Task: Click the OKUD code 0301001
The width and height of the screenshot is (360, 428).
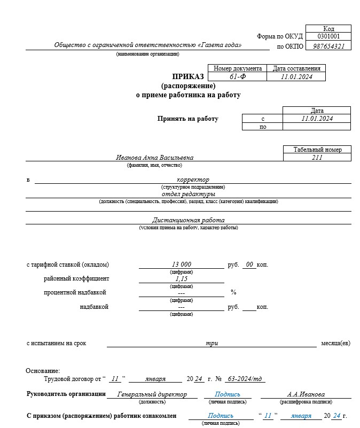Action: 328,36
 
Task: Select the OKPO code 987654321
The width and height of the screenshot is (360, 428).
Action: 328,46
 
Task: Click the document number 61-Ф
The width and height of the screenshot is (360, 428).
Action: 238,76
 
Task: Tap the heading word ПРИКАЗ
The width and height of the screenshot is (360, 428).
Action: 189,76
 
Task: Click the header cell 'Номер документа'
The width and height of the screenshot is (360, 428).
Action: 238,68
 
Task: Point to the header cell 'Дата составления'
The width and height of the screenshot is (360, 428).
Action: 296,68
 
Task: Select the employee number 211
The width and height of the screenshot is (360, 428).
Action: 317,158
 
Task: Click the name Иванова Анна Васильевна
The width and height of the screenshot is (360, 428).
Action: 155,158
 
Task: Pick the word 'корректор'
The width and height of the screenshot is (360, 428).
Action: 193,180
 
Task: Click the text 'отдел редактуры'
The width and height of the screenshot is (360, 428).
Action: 193,194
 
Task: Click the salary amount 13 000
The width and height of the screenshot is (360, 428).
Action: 182,264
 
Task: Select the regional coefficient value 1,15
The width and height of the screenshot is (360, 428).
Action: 182,279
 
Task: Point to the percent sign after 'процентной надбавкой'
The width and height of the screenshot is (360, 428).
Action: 233,292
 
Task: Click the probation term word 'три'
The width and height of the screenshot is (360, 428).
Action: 212,343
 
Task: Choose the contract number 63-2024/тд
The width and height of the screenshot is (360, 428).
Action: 245,379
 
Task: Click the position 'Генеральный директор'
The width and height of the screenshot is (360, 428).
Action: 152,394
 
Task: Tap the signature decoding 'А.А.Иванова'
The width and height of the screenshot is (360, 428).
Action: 306,394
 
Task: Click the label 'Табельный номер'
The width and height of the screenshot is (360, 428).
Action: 317,150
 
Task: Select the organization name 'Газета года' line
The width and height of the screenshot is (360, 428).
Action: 148,45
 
